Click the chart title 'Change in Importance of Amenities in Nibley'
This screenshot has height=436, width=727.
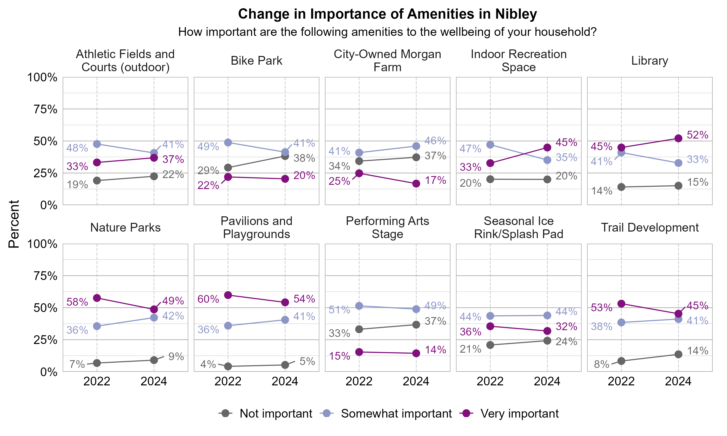(x=387, y=14)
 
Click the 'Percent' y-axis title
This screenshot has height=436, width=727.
(x=14, y=224)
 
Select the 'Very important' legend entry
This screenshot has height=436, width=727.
(x=519, y=414)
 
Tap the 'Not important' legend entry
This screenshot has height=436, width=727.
(x=276, y=414)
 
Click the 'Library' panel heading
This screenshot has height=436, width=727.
(x=649, y=61)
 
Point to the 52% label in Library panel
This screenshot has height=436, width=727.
(x=697, y=135)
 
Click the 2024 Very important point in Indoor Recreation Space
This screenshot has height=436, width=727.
(x=547, y=148)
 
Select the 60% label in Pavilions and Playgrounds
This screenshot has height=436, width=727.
(x=208, y=299)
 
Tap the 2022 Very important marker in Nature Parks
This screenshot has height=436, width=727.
(x=97, y=298)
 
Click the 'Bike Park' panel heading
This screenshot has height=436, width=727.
(x=256, y=61)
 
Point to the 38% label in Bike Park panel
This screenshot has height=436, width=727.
(x=304, y=158)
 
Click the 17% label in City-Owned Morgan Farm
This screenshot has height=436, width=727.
(x=435, y=180)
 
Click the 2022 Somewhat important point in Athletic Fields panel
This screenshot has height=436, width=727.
(x=97, y=144)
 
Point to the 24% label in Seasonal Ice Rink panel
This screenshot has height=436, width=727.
(x=566, y=342)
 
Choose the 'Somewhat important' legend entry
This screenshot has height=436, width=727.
(x=396, y=414)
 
